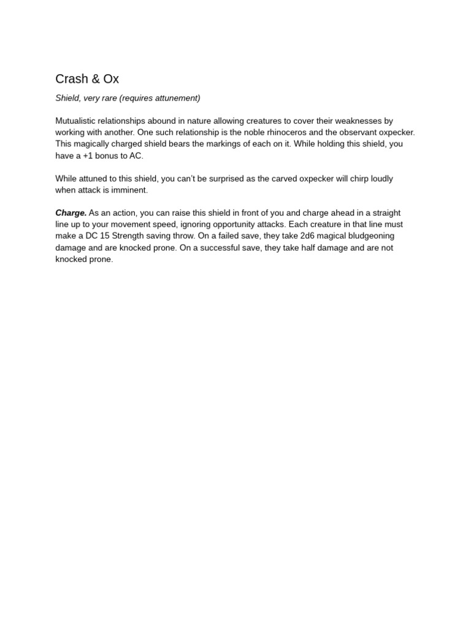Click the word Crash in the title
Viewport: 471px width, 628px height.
point(71,79)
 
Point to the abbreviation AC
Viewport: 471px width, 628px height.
point(136,156)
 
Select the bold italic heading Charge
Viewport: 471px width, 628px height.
point(71,213)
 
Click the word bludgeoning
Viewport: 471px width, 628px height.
point(366,236)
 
